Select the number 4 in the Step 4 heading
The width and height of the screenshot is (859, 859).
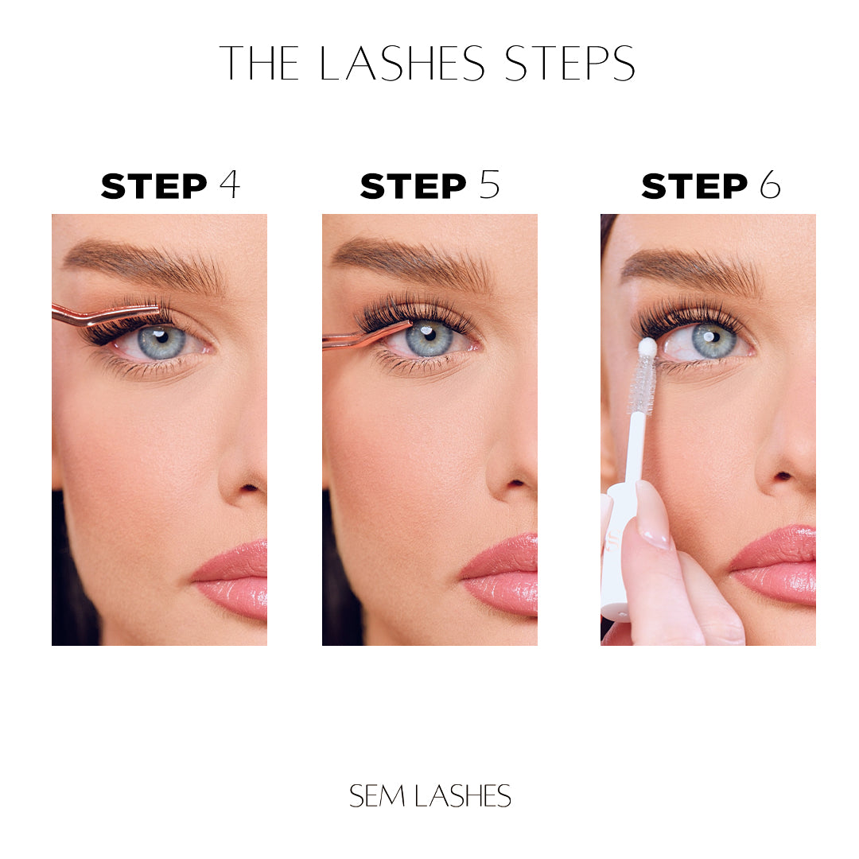click(x=230, y=185)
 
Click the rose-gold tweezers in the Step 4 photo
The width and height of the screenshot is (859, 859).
click(x=104, y=315)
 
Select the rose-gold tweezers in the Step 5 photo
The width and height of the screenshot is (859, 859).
click(x=366, y=334)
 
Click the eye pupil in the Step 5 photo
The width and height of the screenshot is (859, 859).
click(x=430, y=333)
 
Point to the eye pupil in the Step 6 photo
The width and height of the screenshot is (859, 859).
click(x=710, y=336)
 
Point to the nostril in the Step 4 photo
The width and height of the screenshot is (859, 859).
click(x=249, y=487)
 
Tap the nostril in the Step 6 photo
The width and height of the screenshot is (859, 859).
click(x=783, y=476)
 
